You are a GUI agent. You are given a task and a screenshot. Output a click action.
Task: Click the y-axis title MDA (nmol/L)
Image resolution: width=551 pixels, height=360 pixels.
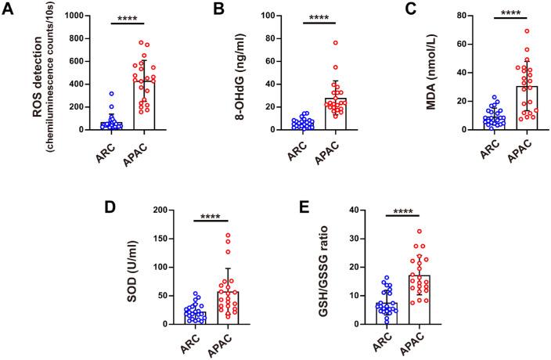431,72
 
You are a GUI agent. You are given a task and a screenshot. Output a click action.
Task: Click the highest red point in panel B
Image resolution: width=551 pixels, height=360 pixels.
335,43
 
